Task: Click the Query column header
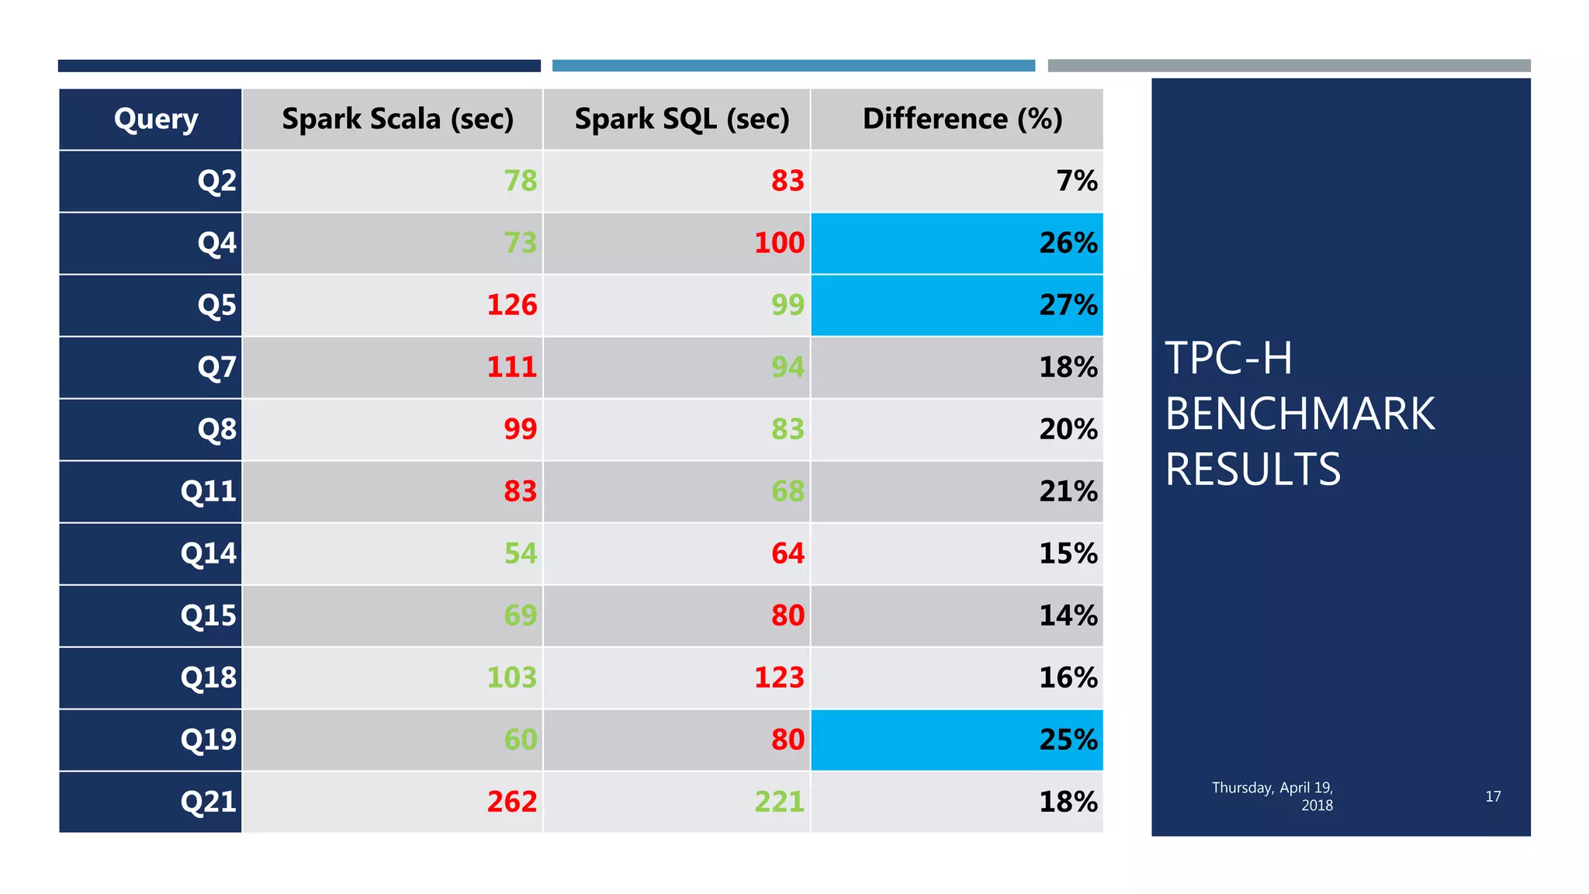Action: tap(155, 120)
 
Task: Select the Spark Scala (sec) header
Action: tap(397, 120)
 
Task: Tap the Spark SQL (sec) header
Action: tap(681, 120)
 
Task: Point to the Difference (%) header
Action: tap(961, 120)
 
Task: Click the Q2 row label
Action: tap(216, 181)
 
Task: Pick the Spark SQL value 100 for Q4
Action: tap(779, 243)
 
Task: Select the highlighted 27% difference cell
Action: tap(1068, 305)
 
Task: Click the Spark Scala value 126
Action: tap(511, 305)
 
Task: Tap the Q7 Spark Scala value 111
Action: tap(511, 367)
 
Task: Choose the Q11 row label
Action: tap(208, 491)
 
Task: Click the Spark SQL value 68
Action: tap(787, 491)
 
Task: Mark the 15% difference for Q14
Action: tap(1068, 553)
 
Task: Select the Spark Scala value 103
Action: tap(511, 677)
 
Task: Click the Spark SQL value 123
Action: tap(779, 677)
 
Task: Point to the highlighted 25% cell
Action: tap(1068, 740)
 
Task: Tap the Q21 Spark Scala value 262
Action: tap(511, 802)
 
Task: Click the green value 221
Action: tap(779, 802)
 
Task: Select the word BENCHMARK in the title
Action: tap(1300, 414)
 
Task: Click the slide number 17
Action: tap(1493, 796)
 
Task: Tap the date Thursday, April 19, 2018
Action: tap(1273, 796)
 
